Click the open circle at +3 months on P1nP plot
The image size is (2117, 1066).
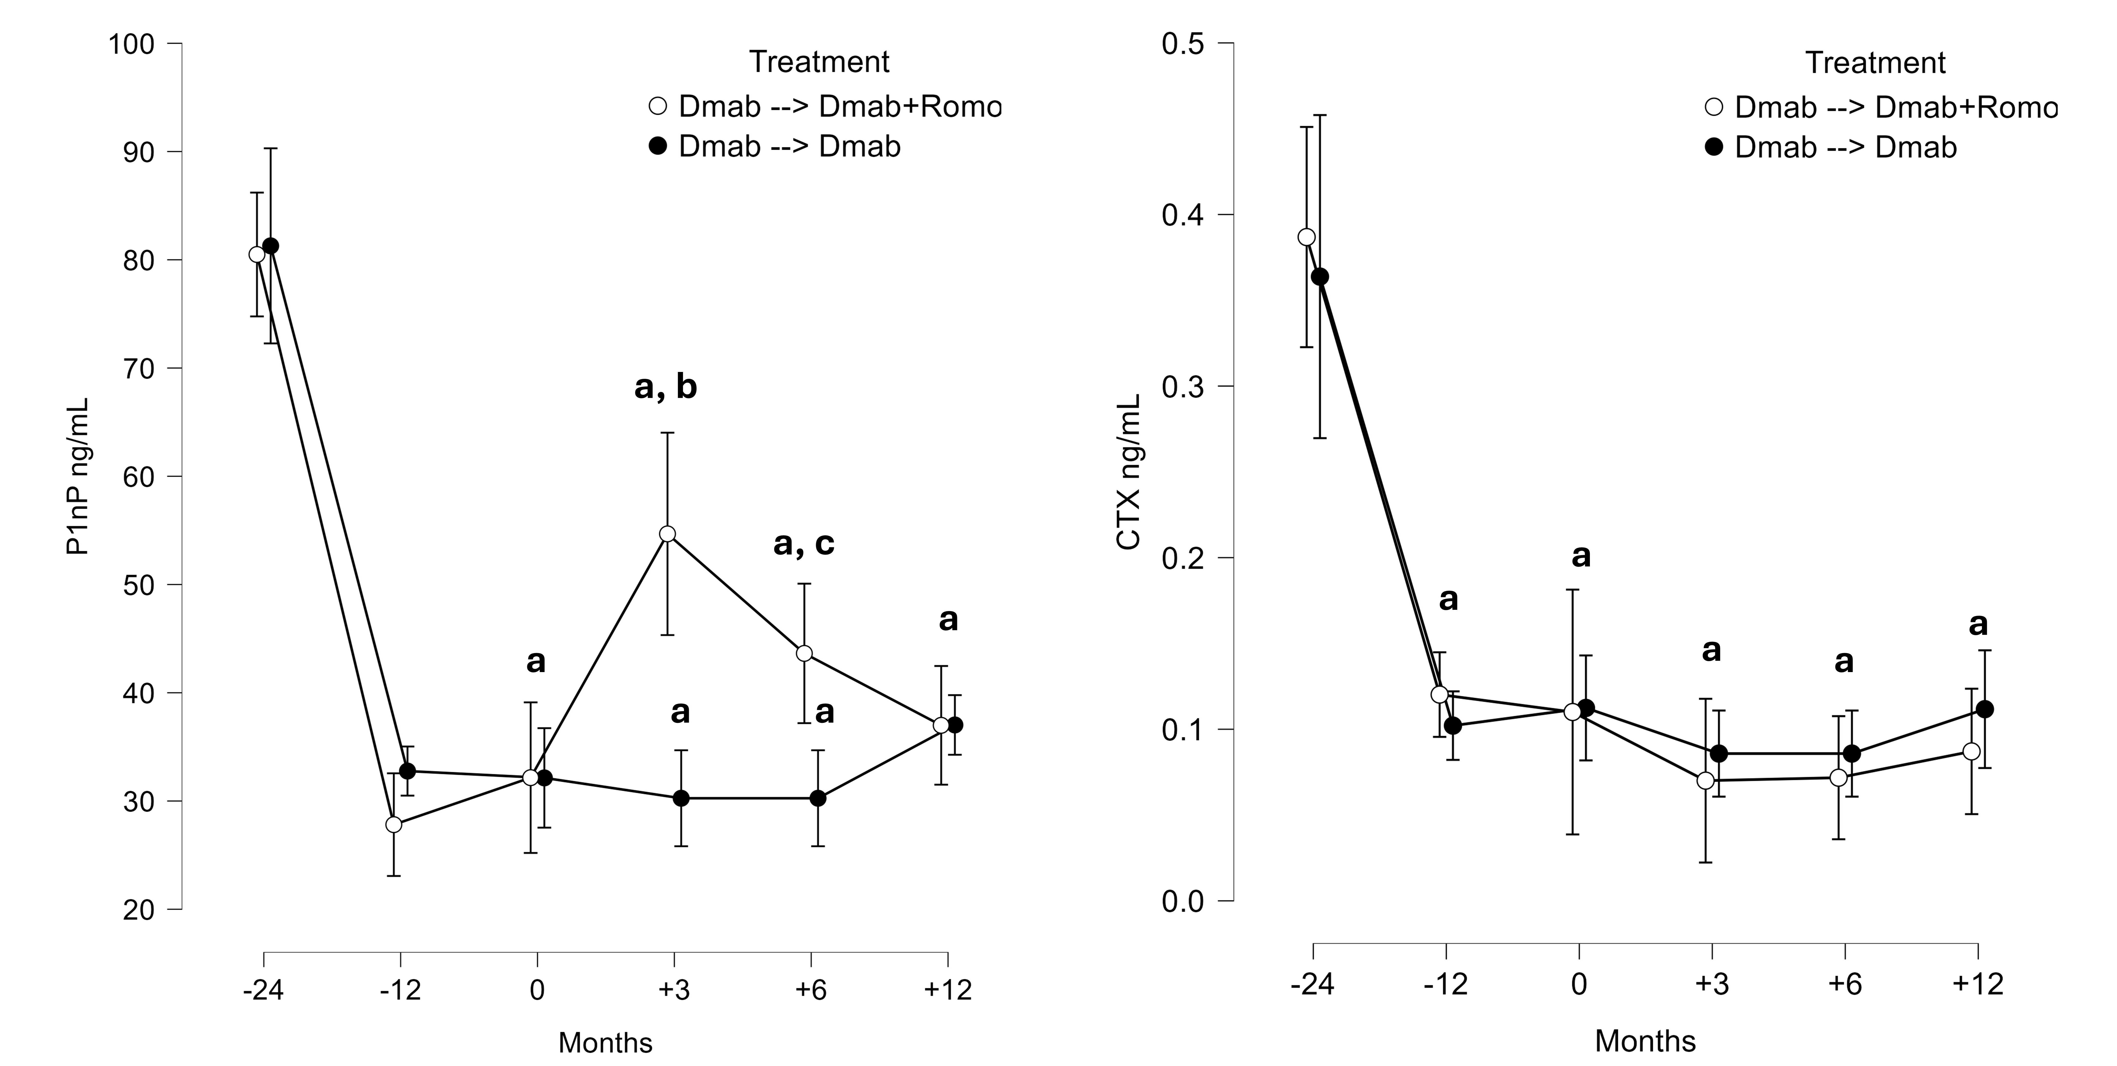667,534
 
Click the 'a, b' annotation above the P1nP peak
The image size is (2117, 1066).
666,386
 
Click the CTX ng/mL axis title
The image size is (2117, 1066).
1129,471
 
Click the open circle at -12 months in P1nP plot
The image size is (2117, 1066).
394,824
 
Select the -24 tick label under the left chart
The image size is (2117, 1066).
263,990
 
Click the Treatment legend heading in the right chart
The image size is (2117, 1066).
1875,63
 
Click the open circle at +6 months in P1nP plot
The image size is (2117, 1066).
805,654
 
